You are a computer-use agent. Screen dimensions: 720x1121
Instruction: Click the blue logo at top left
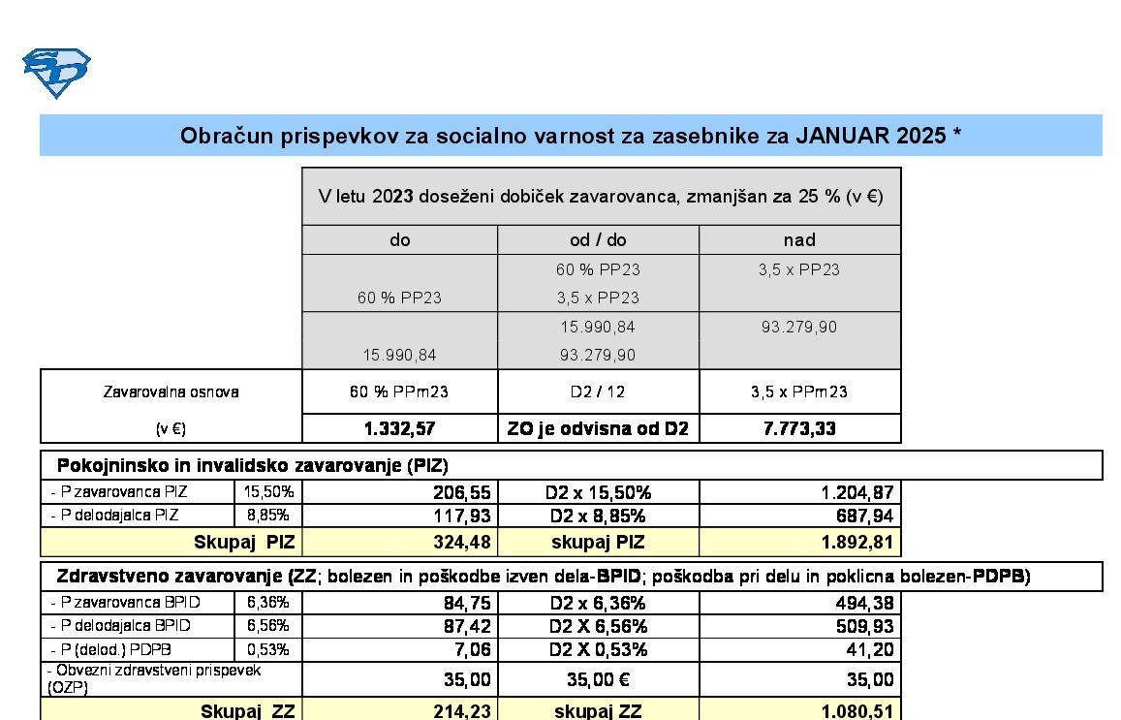56,73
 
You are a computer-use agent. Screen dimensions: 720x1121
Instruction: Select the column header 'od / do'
598,239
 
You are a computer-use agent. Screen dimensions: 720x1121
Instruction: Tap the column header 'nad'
799,239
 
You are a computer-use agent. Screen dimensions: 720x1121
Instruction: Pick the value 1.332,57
399,428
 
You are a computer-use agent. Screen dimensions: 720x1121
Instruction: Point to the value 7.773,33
799,428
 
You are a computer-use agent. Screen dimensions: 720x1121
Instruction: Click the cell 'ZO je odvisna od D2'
598,428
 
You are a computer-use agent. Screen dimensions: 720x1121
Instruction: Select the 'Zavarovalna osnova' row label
171,392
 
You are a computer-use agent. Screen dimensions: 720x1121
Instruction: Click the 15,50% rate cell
268,492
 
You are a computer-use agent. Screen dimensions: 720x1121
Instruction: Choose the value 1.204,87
856,492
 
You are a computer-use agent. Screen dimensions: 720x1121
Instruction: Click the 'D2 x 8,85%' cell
598,516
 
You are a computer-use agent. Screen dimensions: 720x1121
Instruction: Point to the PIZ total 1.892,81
856,542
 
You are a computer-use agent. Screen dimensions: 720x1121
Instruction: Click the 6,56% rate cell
268,626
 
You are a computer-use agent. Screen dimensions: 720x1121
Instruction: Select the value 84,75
466,603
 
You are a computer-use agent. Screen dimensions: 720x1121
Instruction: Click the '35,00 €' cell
598,679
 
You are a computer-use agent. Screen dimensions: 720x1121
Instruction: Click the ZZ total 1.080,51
856,711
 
